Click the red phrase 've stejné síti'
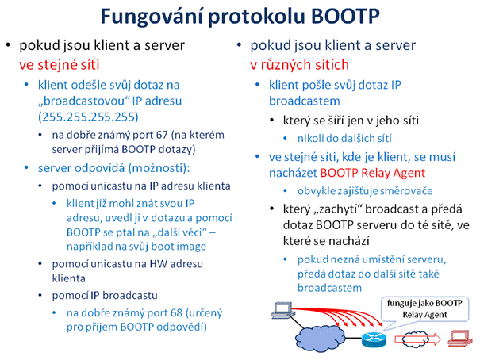click(x=60, y=65)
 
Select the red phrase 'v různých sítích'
click(x=299, y=65)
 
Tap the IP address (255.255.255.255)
click(x=88, y=117)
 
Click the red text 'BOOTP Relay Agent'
click(x=373, y=173)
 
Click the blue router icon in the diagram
click(x=374, y=339)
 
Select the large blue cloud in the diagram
click(x=321, y=337)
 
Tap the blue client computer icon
click(x=283, y=310)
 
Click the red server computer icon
click(x=459, y=339)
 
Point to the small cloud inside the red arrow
click(x=415, y=339)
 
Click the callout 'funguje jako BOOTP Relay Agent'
click(x=424, y=309)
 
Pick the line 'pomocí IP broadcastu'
click(x=105, y=296)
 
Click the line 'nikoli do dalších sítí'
click(x=344, y=139)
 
